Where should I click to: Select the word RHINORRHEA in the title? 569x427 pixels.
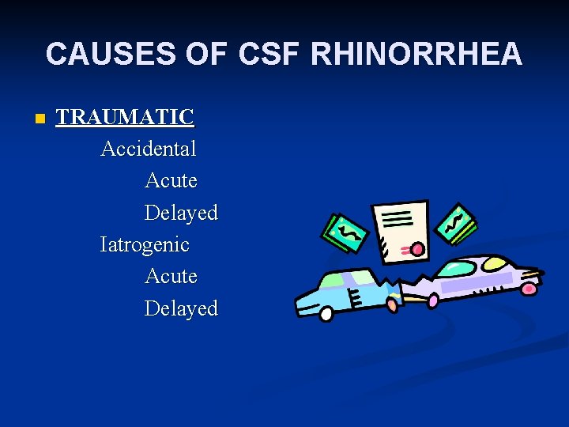pyautogui.click(x=416, y=54)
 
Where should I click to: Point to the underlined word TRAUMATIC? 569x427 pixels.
pyautogui.click(x=125, y=117)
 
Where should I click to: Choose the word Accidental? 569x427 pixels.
pyautogui.click(x=149, y=149)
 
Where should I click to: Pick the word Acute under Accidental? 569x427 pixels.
pyautogui.click(x=171, y=180)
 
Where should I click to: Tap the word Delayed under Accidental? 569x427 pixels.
pyautogui.click(x=181, y=213)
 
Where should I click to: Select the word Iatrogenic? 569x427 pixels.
pyautogui.click(x=145, y=244)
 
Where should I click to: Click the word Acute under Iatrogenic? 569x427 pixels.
pyautogui.click(x=171, y=276)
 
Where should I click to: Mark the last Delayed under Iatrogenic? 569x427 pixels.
pyautogui.click(x=181, y=308)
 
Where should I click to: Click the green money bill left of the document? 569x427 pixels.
pyautogui.click(x=346, y=234)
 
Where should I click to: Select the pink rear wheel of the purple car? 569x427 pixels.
pyautogui.click(x=529, y=288)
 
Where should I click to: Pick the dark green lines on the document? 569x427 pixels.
pyautogui.click(x=397, y=217)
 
